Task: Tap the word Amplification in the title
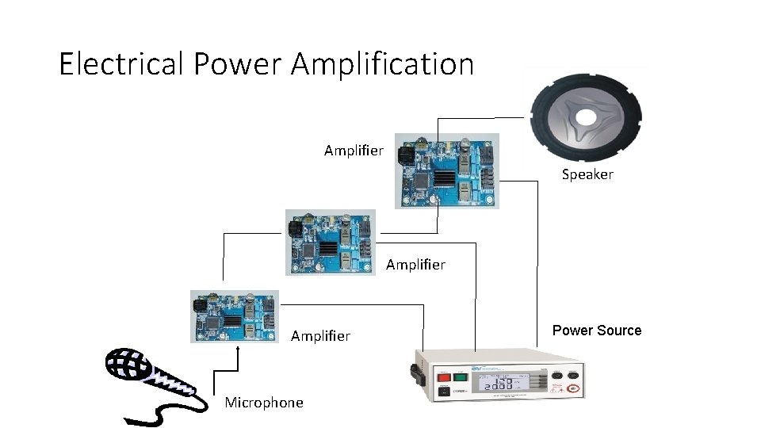382,63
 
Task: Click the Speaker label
587,174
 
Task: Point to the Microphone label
264,403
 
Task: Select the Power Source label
597,331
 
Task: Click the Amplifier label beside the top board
354,150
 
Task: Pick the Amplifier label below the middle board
415,264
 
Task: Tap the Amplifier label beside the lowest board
320,336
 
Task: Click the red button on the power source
444,377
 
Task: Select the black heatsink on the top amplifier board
446,177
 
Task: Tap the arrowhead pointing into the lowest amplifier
239,347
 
